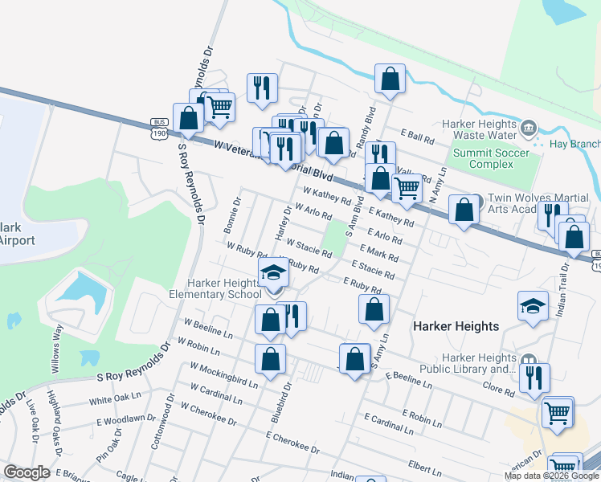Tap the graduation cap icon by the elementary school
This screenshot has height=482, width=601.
coord(273,272)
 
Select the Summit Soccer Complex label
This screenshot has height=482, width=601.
coord(492,158)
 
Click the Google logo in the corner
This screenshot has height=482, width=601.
coord(27,472)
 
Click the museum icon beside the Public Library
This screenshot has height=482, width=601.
coord(528,361)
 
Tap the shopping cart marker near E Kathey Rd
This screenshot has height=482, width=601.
coord(407,189)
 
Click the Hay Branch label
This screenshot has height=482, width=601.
coord(574,145)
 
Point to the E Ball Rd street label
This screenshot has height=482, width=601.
coord(417,137)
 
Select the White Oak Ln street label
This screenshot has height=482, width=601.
coord(115,399)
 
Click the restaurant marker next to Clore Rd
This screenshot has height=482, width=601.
coord(534,378)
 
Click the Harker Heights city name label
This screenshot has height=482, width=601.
coord(456,326)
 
